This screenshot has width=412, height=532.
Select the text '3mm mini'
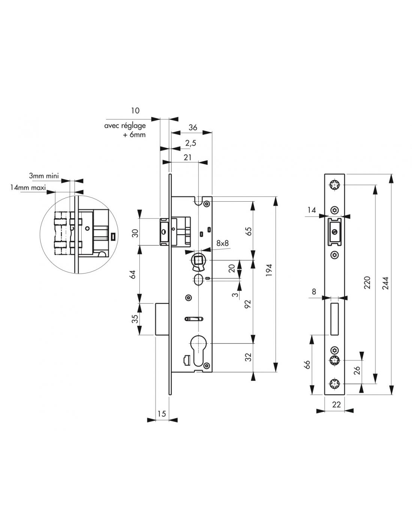44,175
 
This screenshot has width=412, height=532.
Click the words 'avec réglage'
125,126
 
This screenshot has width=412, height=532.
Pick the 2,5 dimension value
191,143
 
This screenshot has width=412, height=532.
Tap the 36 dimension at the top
193,127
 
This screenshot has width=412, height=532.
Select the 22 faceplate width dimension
336,404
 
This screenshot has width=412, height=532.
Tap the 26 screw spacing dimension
357,370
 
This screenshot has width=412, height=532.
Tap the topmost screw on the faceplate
334,184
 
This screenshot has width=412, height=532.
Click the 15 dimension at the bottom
162,413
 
